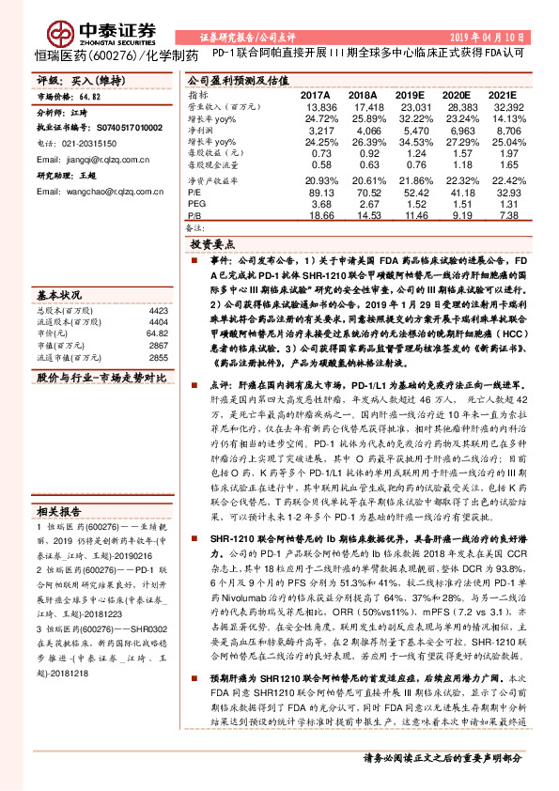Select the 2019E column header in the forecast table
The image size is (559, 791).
pos(409,96)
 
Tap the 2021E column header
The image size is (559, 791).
pos(503,96)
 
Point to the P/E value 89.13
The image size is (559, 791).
pos(319,191)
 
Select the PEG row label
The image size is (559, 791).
pos(197,202)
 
